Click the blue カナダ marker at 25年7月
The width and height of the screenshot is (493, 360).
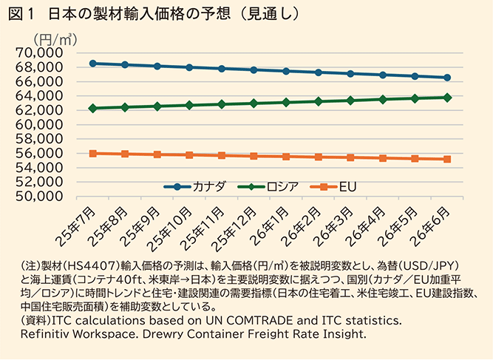[x=93, y=64]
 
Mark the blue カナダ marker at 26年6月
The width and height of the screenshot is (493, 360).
[x=447, y=78]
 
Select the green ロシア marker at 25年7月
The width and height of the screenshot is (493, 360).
[x=93, y=109]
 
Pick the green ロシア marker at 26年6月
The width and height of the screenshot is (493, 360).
[x=447, y=97]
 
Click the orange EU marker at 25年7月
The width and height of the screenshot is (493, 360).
[x=93, y=153]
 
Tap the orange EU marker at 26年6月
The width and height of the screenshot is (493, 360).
[x=447, y=159]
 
